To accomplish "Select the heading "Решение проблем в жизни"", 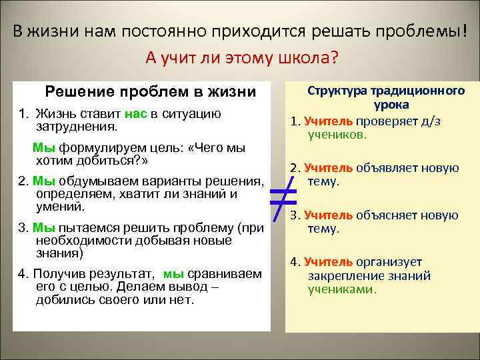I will pyautogui.click(x=150, y=91).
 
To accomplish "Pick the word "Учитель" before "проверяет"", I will pyautogui.click(x=328, y=121).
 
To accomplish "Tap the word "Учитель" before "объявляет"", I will pyautogui.click(x=328, y=168).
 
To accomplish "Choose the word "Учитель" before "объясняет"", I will pyautogui.click(x=328, y=215).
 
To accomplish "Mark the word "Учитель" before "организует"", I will pyautogui.click(x=328, y=262).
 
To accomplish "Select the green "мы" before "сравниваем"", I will pyautogui.click(x=173, y=273).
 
